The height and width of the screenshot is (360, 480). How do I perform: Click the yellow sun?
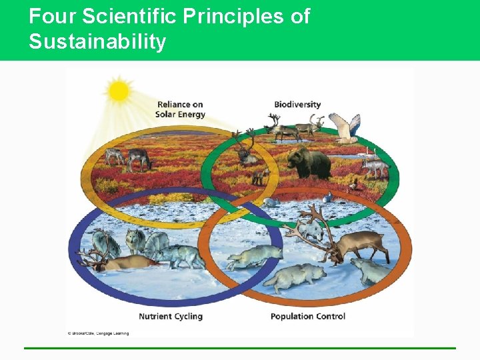coord(119,91)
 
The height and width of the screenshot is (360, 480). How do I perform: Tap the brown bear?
coord(309,162)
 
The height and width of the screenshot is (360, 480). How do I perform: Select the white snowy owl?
coord(346,127)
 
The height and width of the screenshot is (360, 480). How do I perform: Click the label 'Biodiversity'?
coord(297,104)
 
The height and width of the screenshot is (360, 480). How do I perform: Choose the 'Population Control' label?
coord(307,316)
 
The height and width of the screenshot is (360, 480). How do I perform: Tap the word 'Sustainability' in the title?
coord(97,42)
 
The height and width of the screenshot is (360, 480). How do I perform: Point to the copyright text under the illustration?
coord(98,333)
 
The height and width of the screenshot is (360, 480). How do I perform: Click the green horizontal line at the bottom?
coord(240,348)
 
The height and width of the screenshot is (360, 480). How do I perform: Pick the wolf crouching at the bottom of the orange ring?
coord(293,276)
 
